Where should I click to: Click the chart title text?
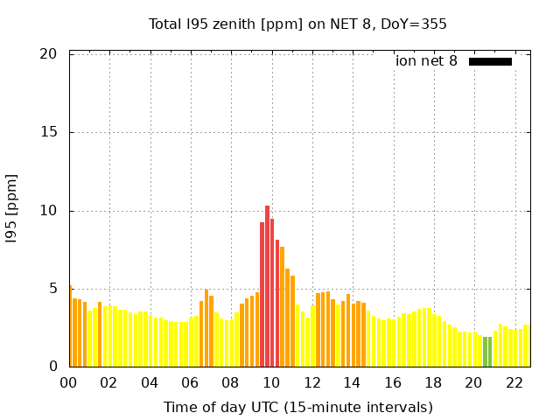[x=297, y=24]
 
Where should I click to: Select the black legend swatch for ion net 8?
[x=490, y=61]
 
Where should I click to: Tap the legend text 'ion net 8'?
[x=426, y=61]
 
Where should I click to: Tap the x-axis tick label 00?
[x=69, y=382]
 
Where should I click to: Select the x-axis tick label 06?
[x=191, y=382]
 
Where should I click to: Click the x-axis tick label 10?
[x=271, y=382]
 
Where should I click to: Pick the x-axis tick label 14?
[x=353, y=382]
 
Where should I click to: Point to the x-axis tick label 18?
[x=433, y=382]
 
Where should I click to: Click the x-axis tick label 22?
[x=514, y=382]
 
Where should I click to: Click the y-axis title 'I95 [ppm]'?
[x=12, y=211]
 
